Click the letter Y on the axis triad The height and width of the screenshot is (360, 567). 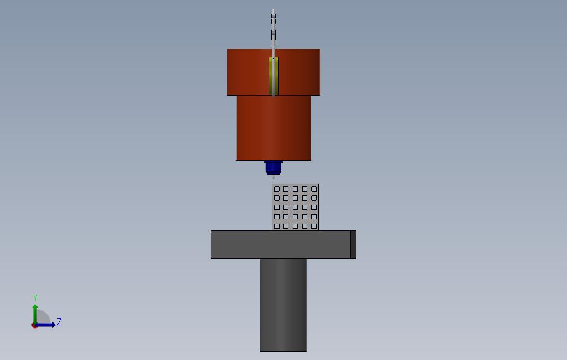tap(35, 298)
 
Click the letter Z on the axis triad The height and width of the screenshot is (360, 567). tap(59, 321)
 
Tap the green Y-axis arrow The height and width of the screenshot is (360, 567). tap(35, 312)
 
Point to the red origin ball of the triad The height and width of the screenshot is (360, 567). tap(34, 325)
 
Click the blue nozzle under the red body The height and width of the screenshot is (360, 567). tap(274, 167)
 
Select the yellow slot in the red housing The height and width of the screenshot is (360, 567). tap(274, 76)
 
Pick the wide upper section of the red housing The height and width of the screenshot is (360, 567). tap(249, 72)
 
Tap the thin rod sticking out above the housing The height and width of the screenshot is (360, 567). tap(274, 28)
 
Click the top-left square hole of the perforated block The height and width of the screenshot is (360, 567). tap(277, 189)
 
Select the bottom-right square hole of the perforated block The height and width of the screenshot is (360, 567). tap(314, 226)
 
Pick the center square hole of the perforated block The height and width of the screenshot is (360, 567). tap(296, 208)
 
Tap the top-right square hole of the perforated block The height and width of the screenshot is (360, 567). tap(314, 189)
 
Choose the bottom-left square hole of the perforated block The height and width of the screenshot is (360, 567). tap(277, 226)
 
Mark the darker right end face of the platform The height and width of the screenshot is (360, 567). tap(353, 245)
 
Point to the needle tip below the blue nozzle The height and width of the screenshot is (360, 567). tap(274, 177)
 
